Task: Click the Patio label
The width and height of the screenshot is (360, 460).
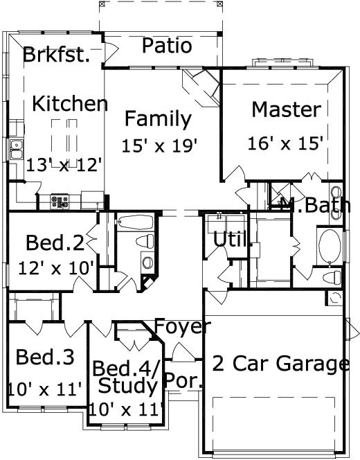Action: tap(167, 46)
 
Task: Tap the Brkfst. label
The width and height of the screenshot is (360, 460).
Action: tap(57, 55)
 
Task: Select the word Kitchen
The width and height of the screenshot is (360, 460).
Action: tap(70, 104)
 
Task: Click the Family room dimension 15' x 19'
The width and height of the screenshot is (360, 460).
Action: tap(160, 145)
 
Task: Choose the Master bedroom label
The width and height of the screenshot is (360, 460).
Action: tap(286, 109)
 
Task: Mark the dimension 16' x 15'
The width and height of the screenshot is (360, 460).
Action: tap(285, 143)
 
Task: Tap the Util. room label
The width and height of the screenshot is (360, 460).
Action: tap(231, 240)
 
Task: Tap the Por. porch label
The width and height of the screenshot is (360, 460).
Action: tap(183, 380)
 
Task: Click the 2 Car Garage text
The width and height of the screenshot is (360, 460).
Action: tap(280, 364)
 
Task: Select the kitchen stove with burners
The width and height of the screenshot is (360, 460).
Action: tap(60, 202)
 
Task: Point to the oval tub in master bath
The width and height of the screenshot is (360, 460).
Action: tap(328, 247)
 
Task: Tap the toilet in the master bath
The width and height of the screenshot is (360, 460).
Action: tap(332, 278)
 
